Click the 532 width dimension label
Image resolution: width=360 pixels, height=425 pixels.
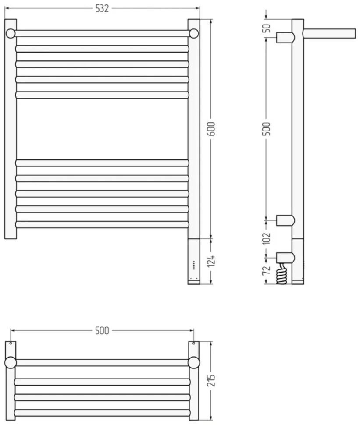coord(102,9)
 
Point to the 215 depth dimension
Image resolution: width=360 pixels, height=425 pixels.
coord(212,380)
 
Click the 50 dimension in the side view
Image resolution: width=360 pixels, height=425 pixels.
coord(267,28)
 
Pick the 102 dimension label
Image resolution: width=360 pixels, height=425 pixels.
coord(267,238)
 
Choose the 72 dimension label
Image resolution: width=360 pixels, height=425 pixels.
coord(267,270)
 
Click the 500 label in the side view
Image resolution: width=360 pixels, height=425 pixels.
coord(267,129)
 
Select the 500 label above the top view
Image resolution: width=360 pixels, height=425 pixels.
coord(102,331)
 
